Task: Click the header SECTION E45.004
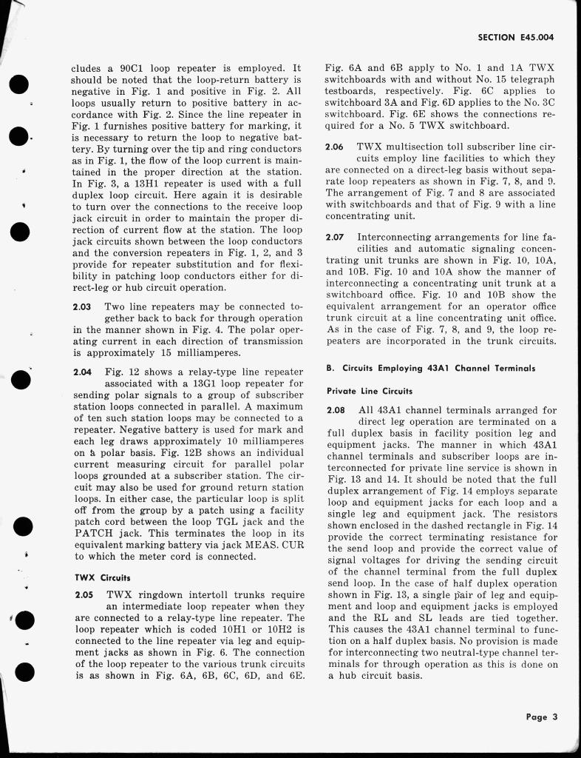pyautogui.click(x=516, y=36)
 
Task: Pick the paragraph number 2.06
pyautogui.click(x=336, y=147)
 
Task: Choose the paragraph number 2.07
pyautogui.click(x=336, y=238)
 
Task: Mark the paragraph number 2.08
pyautogui.click(x=336, y=410)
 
